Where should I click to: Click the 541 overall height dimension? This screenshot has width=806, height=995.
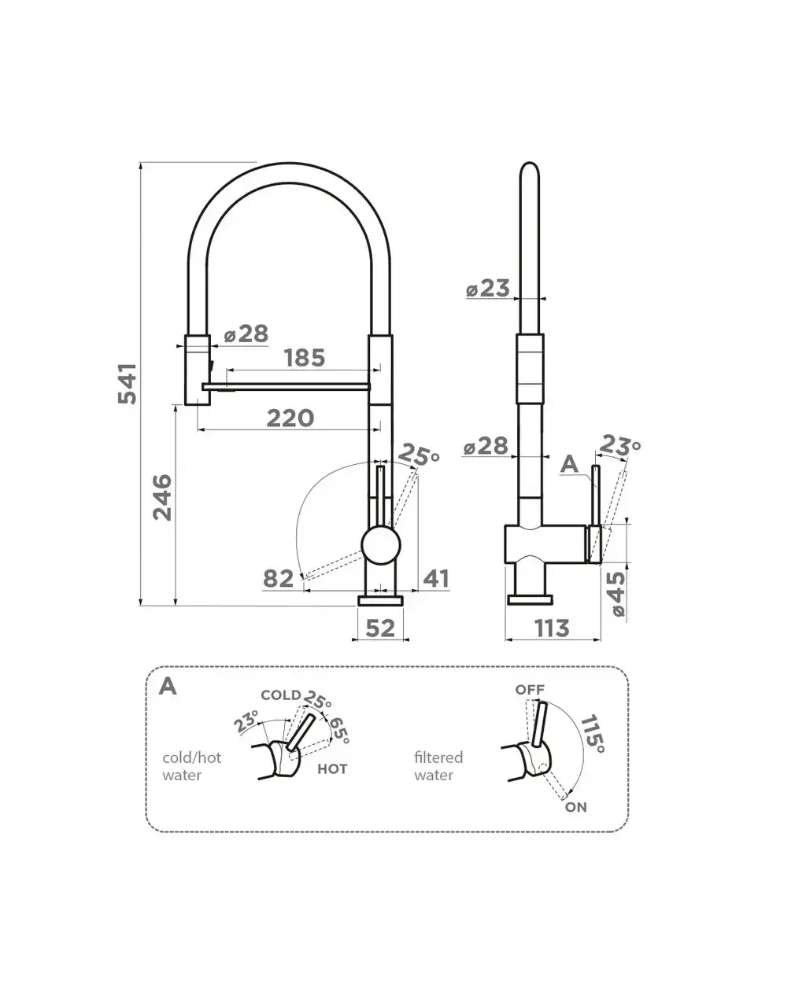(x=127, y=383)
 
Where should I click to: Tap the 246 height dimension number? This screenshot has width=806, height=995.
(x=161, y=496)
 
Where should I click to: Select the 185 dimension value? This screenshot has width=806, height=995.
(x=305, y=358)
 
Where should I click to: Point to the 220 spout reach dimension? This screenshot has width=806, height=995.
(x=290, y=418)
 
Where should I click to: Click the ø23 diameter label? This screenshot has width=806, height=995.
(x=488, y=289)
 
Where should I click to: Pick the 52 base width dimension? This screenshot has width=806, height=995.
(x=380, y=628)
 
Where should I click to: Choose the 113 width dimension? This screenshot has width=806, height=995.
(x=552, y=628)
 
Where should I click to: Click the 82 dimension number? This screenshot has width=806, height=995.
(x=278, y=579)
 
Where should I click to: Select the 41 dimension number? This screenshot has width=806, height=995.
(x=436, y=579)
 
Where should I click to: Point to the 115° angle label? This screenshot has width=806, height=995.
(x=592, y=734)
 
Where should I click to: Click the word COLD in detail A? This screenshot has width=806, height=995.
(x=281, y=695)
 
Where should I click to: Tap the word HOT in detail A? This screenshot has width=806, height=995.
(x=332, y=768)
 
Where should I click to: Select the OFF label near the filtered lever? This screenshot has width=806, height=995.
(x=530, y=690)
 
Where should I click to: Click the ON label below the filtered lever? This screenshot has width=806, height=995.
(x=575, y=807)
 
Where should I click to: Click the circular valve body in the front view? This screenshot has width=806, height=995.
(x=380, y=544)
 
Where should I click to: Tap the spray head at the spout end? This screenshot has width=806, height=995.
(x=198, y=369)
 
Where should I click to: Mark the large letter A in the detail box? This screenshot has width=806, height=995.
(x=168, y=686)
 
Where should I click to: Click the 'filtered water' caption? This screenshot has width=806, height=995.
(x=438, y=766)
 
